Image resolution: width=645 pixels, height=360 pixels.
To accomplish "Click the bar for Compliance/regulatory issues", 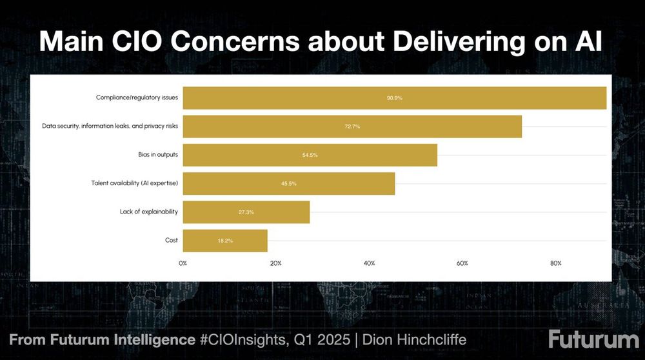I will click(x=394, y=97).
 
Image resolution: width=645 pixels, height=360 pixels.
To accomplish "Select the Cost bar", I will click(x=225, y=241).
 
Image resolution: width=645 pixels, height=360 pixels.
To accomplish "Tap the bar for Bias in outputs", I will click(x=310, y=155).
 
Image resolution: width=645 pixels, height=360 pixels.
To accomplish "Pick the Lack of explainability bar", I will click(x=246, y=212).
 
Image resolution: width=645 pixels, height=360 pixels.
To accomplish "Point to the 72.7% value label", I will click(x=352, y=126).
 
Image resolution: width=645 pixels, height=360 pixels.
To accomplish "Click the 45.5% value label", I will click(x=289, y=184).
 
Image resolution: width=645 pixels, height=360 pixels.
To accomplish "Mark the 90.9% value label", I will click(x=395, y=98).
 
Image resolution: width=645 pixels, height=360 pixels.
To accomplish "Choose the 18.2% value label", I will click(x=225, y=241).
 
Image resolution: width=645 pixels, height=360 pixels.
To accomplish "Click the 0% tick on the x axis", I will click(x=183, y=263).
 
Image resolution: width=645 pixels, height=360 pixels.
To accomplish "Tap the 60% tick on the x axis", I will click(x=462, y=263).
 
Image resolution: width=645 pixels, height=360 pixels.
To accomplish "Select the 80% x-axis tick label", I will click(x=555, y=263).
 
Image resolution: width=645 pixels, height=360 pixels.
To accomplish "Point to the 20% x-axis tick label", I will click(x=276, y=263).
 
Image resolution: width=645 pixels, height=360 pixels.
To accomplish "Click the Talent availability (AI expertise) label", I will click(x=134, y=183).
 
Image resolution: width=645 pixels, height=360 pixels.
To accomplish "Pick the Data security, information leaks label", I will click(x=110, y=126).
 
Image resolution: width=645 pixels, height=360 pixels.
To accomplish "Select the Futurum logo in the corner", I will click(x=593, y=339).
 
